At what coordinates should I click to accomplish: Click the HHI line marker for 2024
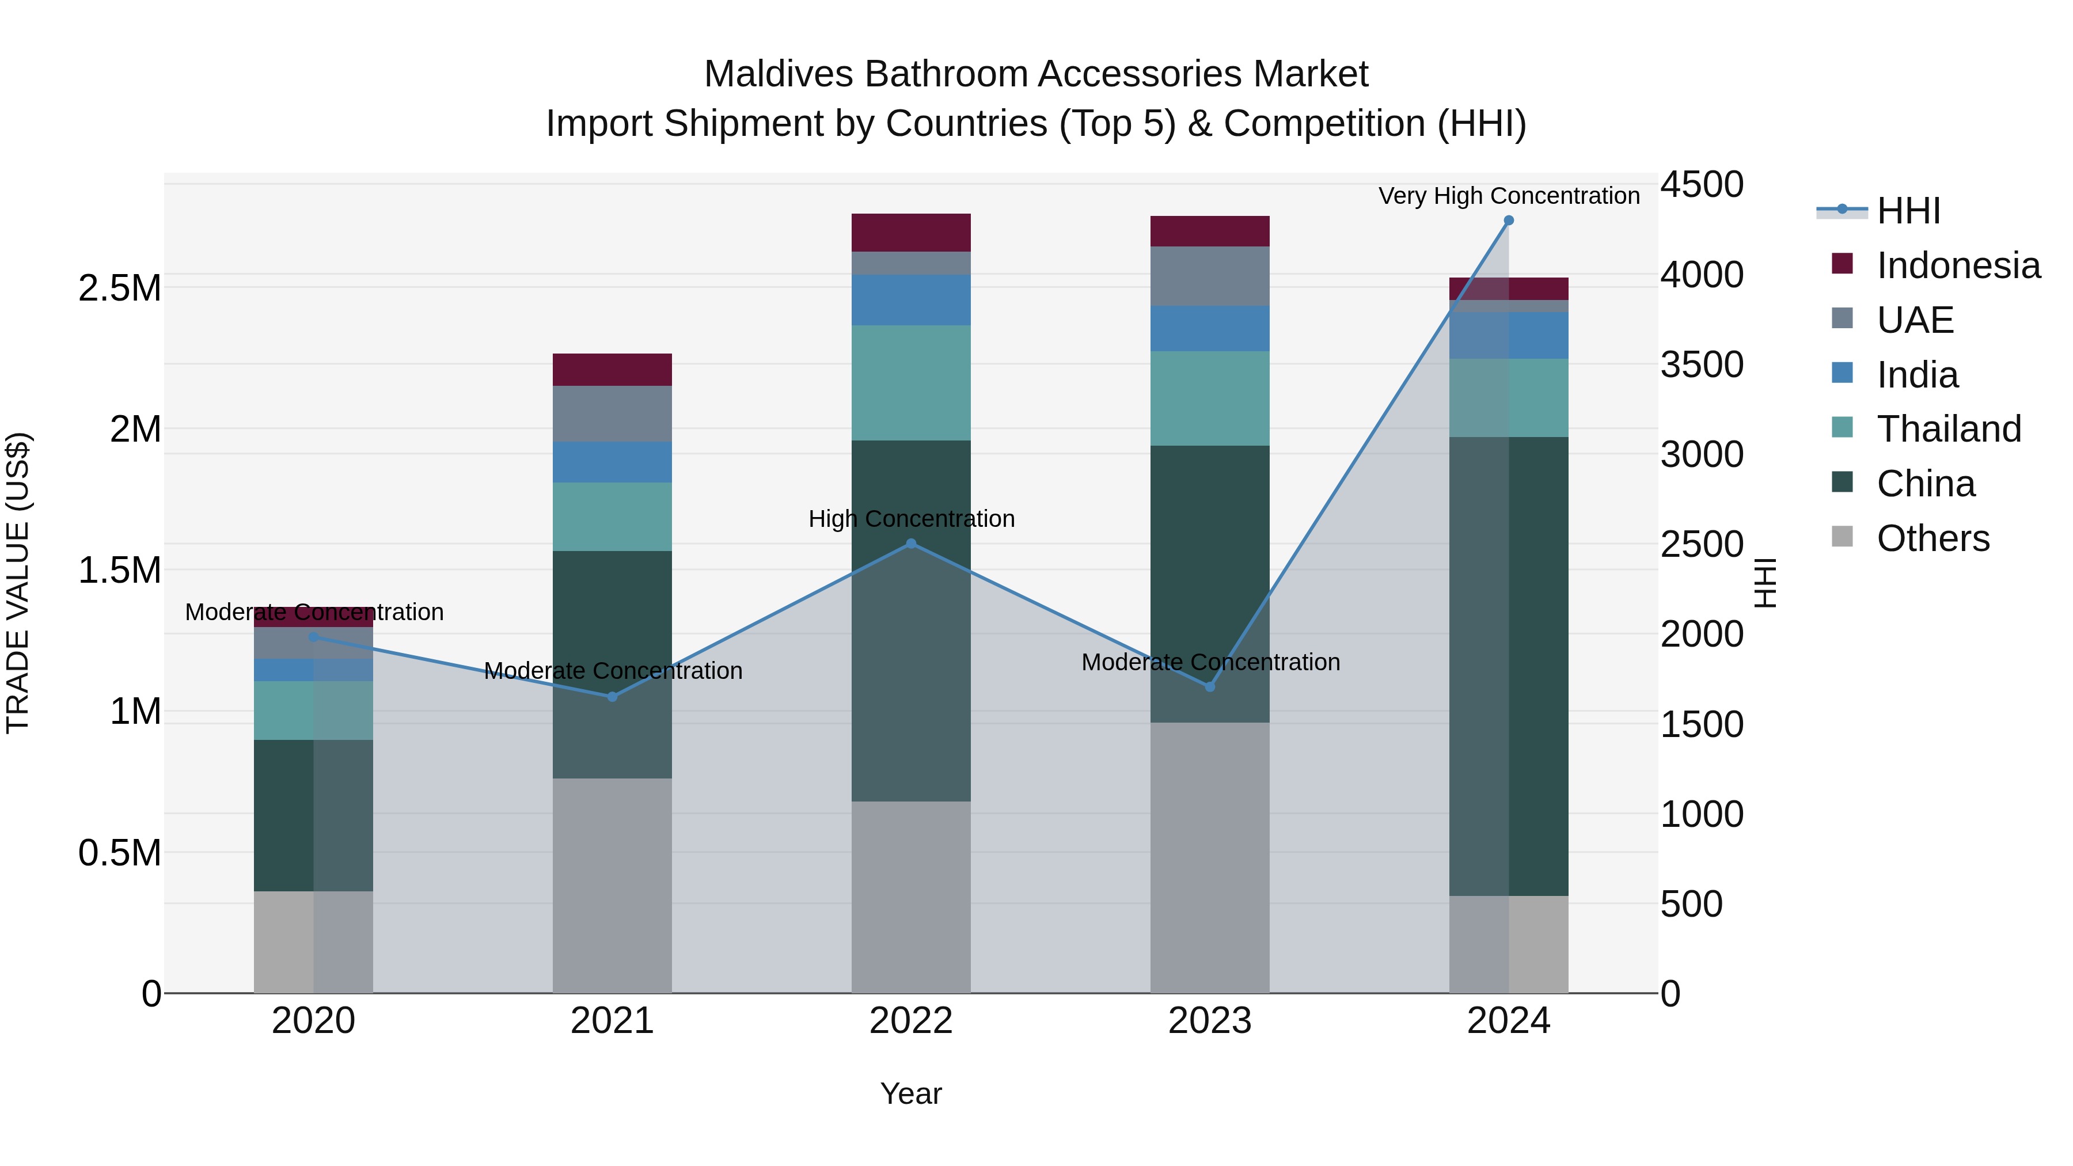pos(1508,221)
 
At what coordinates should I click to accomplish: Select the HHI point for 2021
pos(613,697)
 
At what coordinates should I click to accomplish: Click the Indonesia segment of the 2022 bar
pos(911,233)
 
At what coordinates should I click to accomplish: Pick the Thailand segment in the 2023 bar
pos(1209,398)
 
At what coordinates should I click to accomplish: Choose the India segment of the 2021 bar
pos(613,462)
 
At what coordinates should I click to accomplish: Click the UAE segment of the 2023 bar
pos(1209,276)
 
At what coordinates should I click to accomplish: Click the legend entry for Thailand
pos(1948,429)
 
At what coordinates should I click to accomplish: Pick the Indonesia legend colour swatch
pos(1842,264)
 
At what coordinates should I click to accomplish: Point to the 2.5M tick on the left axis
pos(120,288)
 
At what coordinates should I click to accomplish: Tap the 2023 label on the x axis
pos(1209,1021)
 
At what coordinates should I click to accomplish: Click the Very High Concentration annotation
pos(1508,196)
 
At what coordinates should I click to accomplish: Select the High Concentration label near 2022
pos(911,519)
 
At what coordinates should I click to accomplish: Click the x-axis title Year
pos(911,1093)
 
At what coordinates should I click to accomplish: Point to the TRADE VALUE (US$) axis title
pos(18,583)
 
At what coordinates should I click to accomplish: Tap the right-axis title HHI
pos(1766,583)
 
